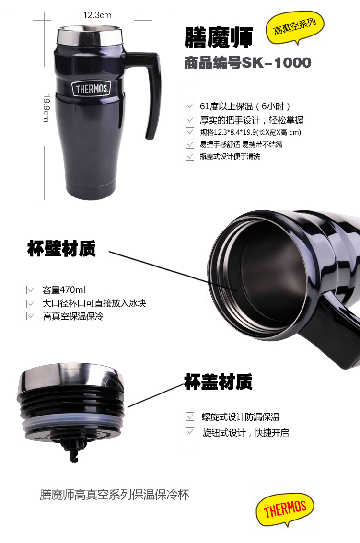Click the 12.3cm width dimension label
(97, 15)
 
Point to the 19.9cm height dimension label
(46, 108)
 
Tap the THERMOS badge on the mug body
(91, 89)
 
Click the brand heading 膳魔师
(218, 37)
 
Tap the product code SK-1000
(277, 63)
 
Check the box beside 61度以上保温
(190, 106)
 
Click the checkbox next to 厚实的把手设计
(190, 120)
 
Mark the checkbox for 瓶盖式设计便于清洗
(190, 156)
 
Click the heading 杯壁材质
(61, 249)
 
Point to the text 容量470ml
(64, 289)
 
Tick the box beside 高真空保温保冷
(31, 316)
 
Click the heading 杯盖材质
(218, 381)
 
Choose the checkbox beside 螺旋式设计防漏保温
(190, 416)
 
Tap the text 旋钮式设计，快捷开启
(245, 432)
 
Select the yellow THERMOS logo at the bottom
(285, 509)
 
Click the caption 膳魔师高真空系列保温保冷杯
(115, 495)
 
